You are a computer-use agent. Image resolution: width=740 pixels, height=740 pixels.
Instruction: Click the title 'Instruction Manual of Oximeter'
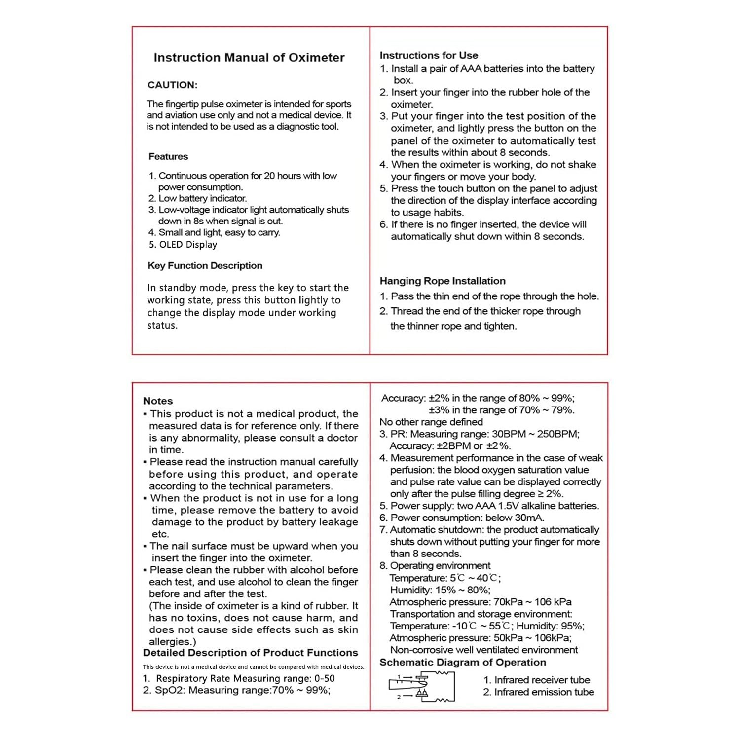[249, 58]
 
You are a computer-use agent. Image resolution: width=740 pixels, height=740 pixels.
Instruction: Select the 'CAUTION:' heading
[172, 85]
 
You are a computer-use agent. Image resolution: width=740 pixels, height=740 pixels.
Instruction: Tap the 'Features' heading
[168, 156]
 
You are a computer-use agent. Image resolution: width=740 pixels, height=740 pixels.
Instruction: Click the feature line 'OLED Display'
[187, 244]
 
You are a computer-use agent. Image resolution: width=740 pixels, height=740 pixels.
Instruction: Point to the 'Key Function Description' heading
[205, 265]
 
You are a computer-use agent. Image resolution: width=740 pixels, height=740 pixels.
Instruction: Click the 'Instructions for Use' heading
[429, 55]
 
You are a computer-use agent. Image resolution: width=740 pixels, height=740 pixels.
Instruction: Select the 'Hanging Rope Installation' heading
[443, 281]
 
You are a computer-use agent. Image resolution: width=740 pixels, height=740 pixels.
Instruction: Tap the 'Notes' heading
[158, 401]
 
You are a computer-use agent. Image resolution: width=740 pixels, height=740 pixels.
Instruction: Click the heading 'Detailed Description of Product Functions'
[250, 653]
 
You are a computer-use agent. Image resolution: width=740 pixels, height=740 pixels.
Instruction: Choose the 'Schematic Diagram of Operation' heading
[463, 662]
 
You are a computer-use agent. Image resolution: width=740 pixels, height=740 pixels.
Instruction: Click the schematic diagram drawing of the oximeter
[422, 686]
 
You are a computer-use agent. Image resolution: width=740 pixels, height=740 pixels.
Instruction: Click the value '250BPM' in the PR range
[557, 434]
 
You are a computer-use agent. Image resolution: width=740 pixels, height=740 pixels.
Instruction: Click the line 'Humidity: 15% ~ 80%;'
[440, 590]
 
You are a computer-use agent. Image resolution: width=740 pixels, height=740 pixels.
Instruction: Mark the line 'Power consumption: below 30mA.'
[467, 518]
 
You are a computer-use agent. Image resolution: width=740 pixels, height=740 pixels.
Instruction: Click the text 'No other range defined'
[431, 422]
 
